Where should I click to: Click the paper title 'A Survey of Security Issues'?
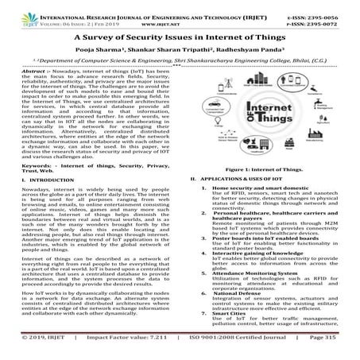(179, 37)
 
